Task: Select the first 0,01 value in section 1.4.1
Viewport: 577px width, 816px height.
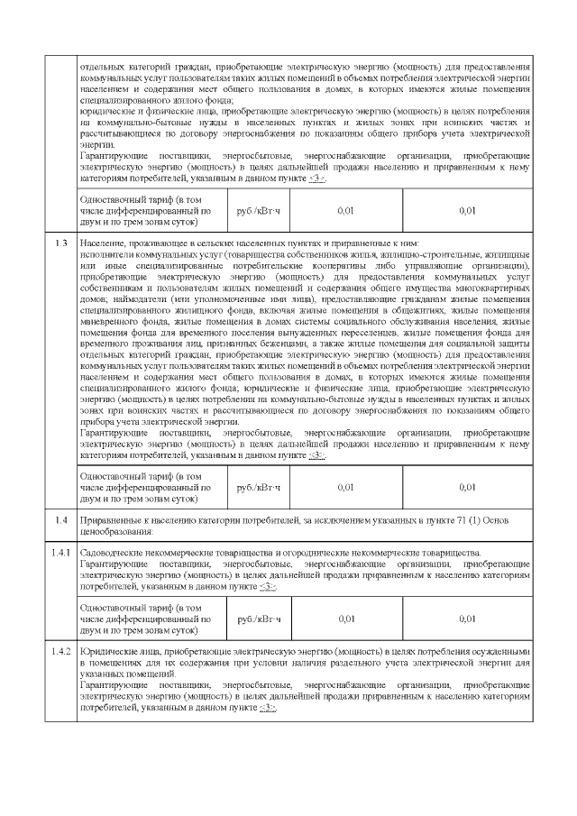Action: [345, 619]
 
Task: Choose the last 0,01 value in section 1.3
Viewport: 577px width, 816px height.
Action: [466, 487]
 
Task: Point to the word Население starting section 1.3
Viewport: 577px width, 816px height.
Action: [101, 244]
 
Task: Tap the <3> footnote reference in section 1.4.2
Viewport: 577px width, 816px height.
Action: [268, 708]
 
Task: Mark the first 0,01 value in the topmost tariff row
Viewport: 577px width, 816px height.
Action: [345, 210]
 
